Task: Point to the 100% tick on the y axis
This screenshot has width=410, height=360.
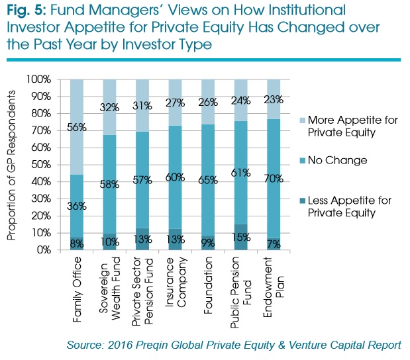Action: pyautogui.click(x=38, y=79)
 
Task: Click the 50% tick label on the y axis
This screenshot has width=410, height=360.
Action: pyautogui.click(x=40, y=165)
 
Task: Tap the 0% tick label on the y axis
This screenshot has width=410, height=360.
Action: pyautogui.click(x=43, y=250)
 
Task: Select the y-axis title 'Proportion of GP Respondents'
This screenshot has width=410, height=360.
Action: pyautogui.click(x=11, y=164)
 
